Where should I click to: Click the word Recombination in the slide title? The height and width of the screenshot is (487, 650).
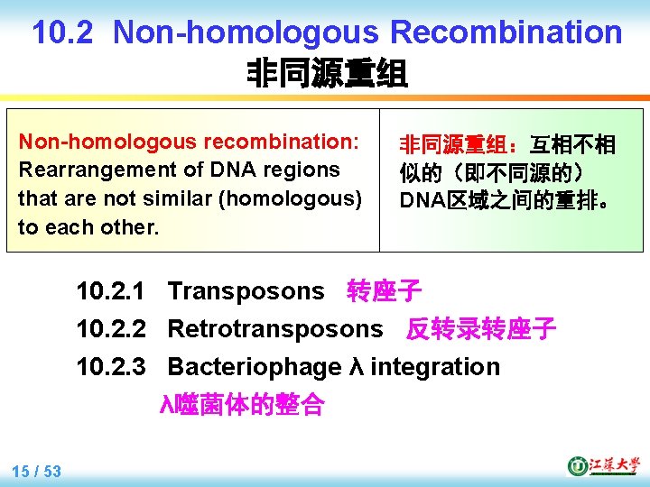(x=506, y=32)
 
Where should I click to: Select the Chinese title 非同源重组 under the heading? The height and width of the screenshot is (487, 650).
(x=327, y=73)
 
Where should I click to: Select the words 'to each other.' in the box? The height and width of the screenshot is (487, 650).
(x=88, y=227)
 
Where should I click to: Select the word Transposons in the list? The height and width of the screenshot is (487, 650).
(x=246, y=291)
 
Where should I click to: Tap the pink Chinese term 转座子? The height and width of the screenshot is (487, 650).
(x=384, y=291)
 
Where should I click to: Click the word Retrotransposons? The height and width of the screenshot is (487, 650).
(x=275, y=329)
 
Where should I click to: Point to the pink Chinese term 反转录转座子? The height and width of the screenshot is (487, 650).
(x=481, y=329)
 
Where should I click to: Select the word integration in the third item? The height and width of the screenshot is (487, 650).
(x=435, y=367)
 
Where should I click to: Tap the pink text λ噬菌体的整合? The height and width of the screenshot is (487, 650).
(x=242, y=405)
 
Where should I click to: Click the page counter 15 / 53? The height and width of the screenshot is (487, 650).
(x=37, y=471)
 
